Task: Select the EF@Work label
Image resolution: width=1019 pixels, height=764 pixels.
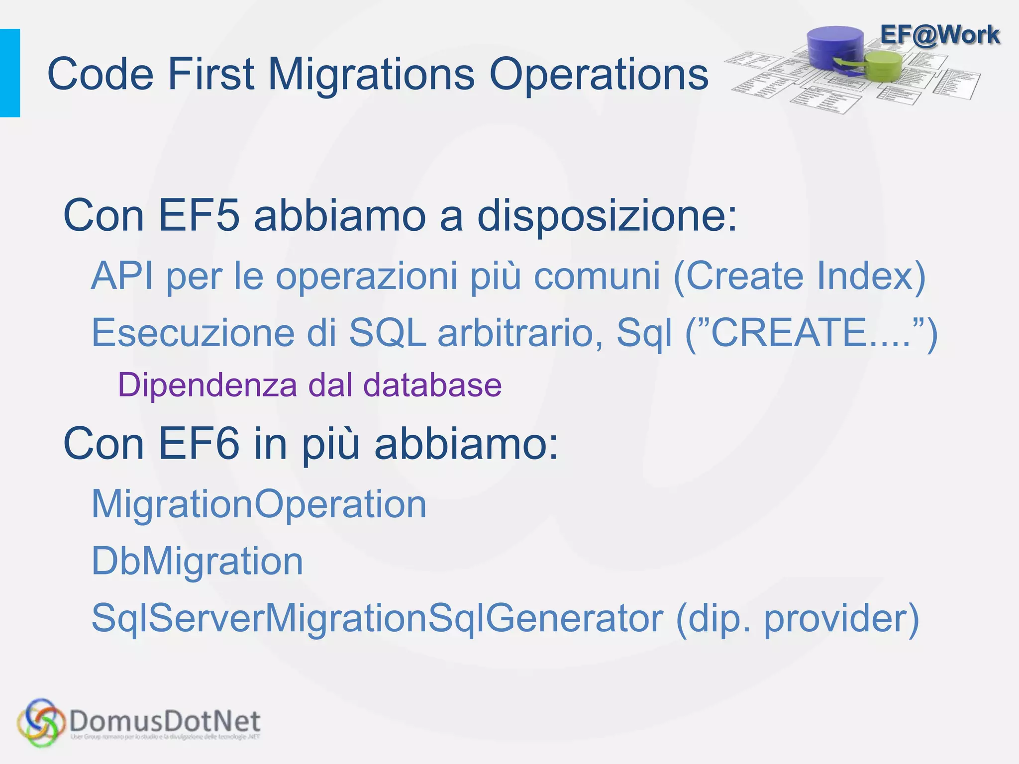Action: click(939, 35)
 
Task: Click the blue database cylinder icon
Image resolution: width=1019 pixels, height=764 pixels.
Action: click(835, 47)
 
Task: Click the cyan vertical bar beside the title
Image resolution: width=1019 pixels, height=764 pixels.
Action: click(10, 73)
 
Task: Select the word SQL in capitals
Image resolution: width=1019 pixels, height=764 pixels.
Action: click(387, 333)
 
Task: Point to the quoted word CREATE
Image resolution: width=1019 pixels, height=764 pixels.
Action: click(788, 333)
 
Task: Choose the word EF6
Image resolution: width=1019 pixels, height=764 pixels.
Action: click(199, 444)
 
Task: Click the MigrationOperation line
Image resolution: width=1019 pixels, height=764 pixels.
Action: click(259, 504)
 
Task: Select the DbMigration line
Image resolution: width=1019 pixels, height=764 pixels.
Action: click(197, 562)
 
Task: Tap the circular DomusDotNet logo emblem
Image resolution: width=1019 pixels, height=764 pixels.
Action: click(41, 722)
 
